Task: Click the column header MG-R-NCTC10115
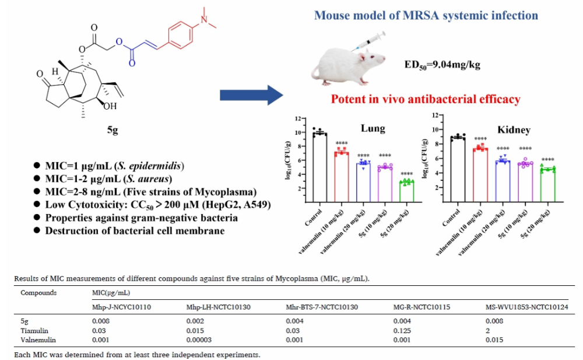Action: tap(419, 306)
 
